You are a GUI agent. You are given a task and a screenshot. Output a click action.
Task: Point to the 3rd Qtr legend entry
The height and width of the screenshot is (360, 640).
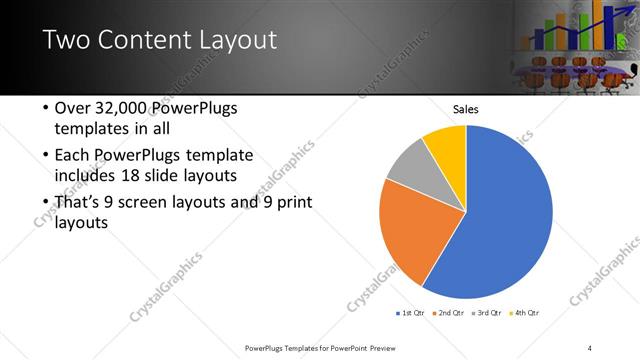click(488, 313)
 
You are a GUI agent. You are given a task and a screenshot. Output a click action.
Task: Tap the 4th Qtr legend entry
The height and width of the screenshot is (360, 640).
click(526, 313)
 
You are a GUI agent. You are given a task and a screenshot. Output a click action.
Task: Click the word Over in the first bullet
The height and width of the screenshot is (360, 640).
click(71, 109)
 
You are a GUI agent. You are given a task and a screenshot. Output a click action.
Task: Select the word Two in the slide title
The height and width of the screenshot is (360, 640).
click(65, 41)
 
